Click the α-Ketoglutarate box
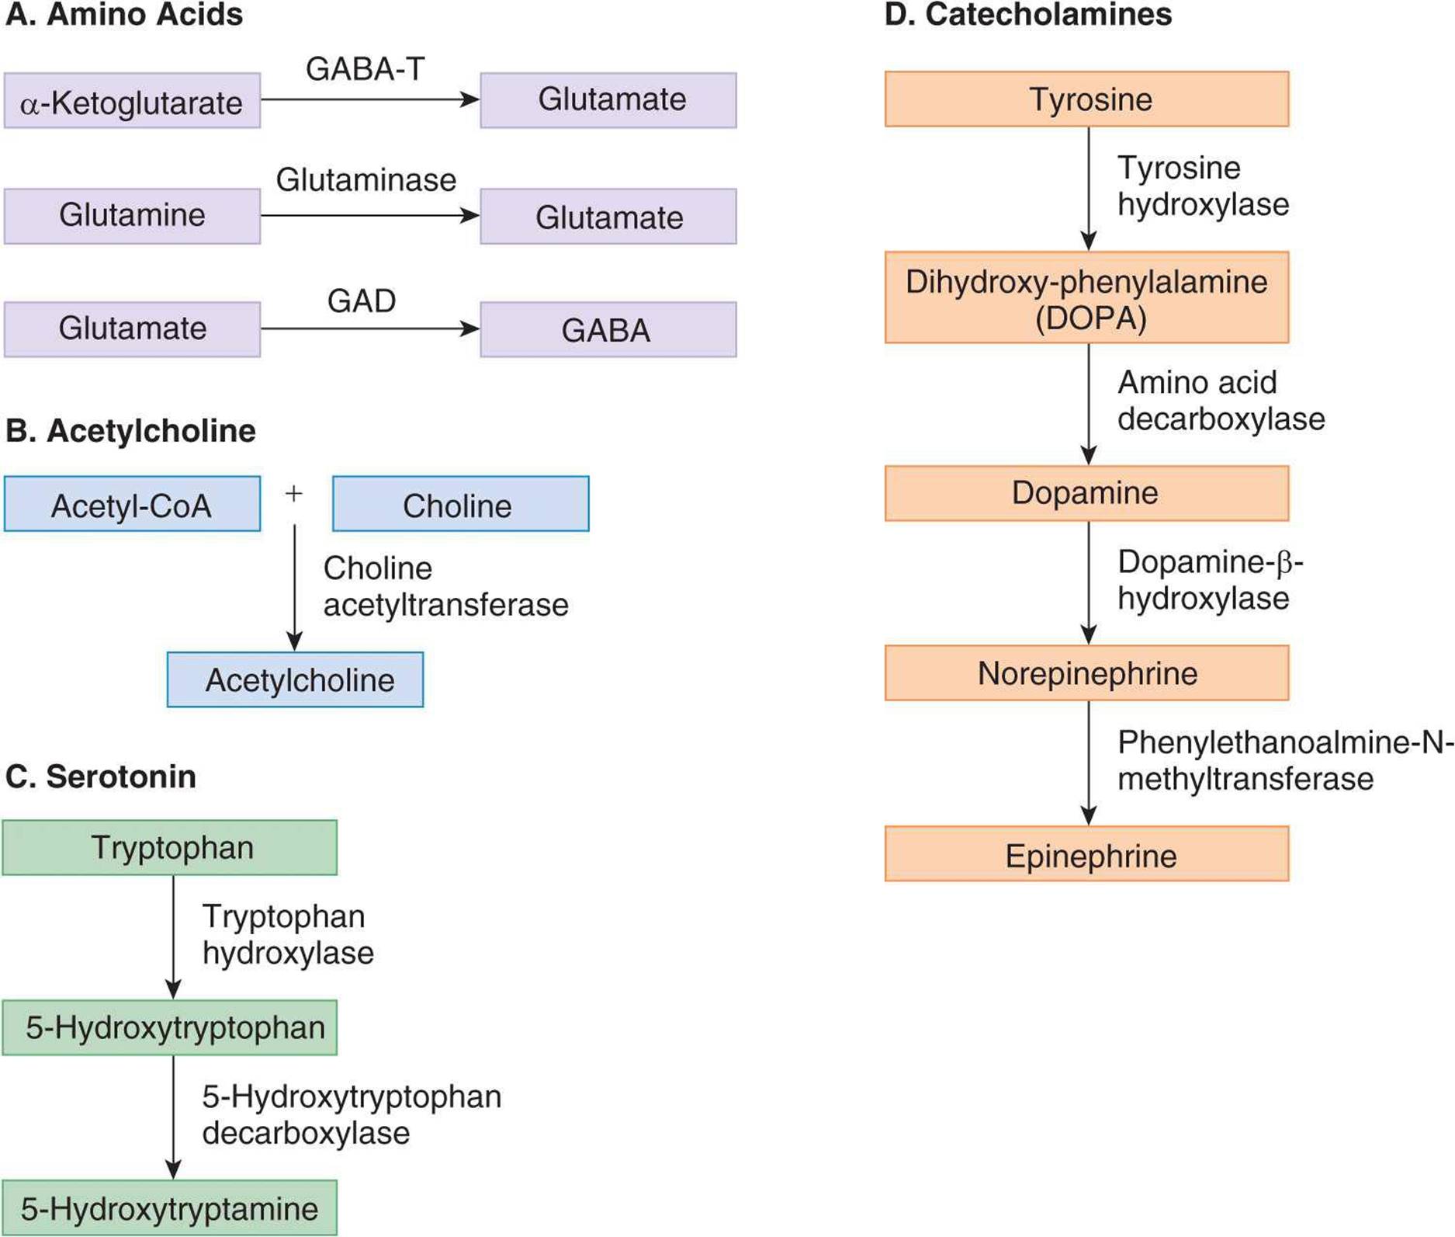tap(132, 100)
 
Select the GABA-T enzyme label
tap(365, 69)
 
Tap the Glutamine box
tap(132, 216)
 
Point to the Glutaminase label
tap(366, 180)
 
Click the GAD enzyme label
tap(362, 301)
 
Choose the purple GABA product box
tap(608, 329)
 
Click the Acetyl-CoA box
tap(132, 503)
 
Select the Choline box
tap(461, 503)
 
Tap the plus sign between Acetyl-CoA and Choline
tap(293, 493)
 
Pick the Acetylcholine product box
tap(296, 679)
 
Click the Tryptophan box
tap(170, 847)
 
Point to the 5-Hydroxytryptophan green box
tap(170, 1027)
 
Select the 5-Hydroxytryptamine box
tap(170, 1207)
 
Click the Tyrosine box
tap(1087, 99)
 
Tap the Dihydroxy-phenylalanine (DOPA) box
tap(1087, 297)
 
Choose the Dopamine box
tap(1087, 493)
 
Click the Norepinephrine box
tap(1087, 672)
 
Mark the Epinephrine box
tap(1087, 853)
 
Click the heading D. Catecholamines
tap(1028, 15)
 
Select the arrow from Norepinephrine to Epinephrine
tap(1089, 763)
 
